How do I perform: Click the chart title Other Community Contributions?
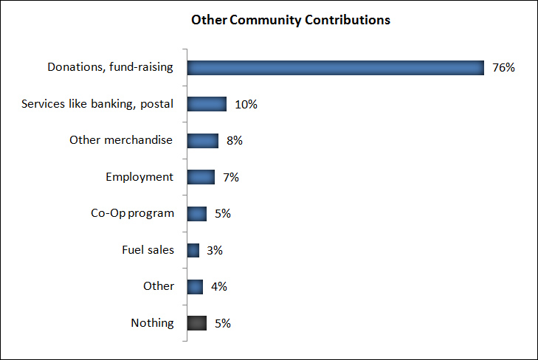(x=290, y=20)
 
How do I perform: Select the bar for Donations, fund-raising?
(x=335, y=67)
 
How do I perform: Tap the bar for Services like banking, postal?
(x=207, y=104)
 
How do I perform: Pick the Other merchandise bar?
(x=203, y=140)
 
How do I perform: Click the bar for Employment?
(x=201, y=177)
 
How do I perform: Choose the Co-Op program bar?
(x=197, y=213)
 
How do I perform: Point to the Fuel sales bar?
(x=193, y=250)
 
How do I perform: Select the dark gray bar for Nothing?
(x=197, y=322)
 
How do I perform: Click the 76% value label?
(x=503, y=68)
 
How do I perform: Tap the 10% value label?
(x=246, y=104)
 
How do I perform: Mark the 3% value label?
(x=215, y=250)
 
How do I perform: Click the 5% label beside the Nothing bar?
(x=223, y=323)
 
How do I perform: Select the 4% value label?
(x=218, y=286)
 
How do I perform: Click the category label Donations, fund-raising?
(x=110, y=67)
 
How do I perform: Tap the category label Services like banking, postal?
(x=97, y=104)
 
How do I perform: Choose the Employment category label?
(x=139, y=177)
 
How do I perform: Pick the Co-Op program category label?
(x=127, y=213)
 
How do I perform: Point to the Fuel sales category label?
(x=148, y=250)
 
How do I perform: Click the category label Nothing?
(x=152, y=323)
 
